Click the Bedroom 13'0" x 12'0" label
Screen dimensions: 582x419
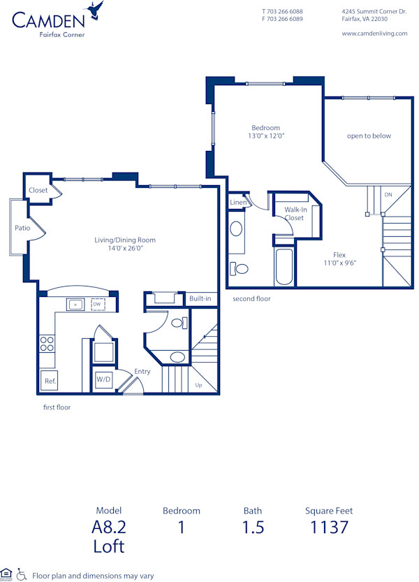pyautogui.click(x=266, y=131)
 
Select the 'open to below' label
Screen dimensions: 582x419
pyautogui.click(x=369, y=136)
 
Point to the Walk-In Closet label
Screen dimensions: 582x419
pyautogui.click(x=295, y=213)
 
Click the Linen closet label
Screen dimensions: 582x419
pyautogui.click(x=237, y=203)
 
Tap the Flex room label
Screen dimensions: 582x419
pyautogui.click(x=339, y=259)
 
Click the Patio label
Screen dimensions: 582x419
pyautogui.click(x=22, y=227)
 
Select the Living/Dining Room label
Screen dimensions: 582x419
pyautogui.click(x=125, y=244)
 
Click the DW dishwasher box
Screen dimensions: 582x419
pyautogui.click(x=97, y=305)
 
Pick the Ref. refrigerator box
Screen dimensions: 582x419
pyautogui.click(x=50, y=381)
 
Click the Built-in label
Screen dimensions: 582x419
pyautogui.click(x=200, y=299)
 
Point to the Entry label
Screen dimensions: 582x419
pyautogui.click(x=142, y=371)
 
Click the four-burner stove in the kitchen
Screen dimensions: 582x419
pyautogui.click(x=47, y=343)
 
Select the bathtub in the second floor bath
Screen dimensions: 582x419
pyautogui.click(x=284, y=266)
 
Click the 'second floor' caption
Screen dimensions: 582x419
pyautogui.click(x=251, y=298)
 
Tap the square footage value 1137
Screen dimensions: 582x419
pyautogui.click(x=329, y=527)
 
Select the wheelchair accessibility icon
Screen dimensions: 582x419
pyautogui.click(x=22, y=574)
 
